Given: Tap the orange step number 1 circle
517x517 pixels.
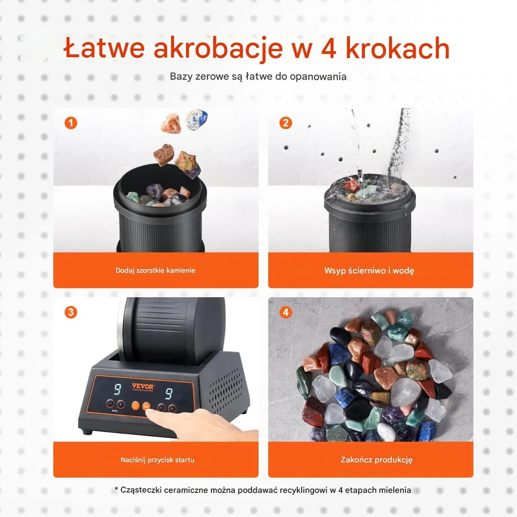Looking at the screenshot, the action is click(71, 123).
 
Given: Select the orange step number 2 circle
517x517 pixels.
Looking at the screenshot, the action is click(286, 123).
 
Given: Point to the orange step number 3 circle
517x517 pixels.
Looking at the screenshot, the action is click(71, 312).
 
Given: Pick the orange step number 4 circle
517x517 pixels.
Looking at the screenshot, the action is click(286, 312).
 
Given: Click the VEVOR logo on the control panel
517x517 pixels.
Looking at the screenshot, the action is click(143, 386).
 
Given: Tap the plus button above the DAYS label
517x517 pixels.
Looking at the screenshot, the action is click(120, 404).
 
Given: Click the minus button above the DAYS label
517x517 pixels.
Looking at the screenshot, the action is click(110, 403).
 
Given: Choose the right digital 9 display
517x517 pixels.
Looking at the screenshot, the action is click(169, 393).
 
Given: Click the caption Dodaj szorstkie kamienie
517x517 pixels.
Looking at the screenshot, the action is click(155, 270).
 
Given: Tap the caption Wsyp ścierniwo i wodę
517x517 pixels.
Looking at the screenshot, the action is click(369, 271).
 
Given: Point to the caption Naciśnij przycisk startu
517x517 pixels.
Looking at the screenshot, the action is click(158, 460).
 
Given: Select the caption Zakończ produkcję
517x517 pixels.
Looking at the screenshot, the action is click(377, 460).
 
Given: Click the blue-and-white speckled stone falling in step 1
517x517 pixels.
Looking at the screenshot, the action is click(196, 120).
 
